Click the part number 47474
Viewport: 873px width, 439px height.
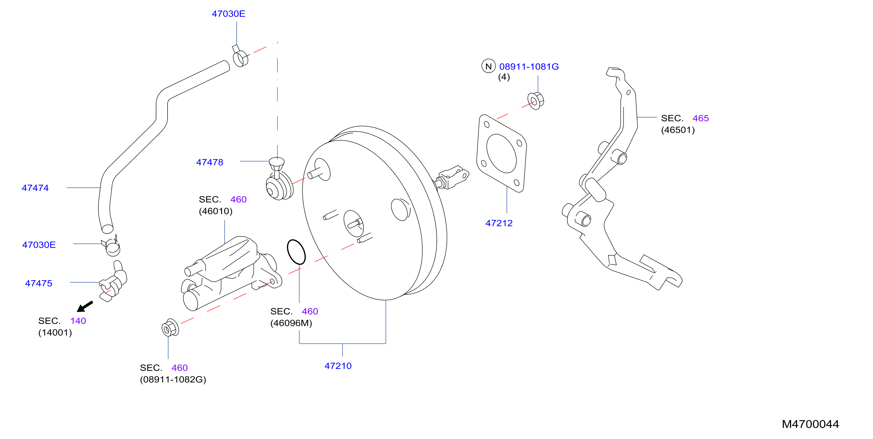point(35,188)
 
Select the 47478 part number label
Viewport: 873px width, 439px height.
point(210,162)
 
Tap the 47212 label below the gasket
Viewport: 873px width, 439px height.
point(499,223)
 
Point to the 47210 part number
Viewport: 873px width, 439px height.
point(338,366)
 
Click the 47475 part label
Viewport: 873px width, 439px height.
point(39,283)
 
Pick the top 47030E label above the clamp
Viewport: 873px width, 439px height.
point(228,14)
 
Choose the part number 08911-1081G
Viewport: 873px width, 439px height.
point(529,67)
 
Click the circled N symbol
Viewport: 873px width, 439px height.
point(488,66)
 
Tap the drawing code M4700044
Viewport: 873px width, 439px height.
point(810,424)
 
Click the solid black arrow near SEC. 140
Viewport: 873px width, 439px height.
point(85,306)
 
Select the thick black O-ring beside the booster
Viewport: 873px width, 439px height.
point(296,252)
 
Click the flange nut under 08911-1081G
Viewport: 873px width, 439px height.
point(536,100)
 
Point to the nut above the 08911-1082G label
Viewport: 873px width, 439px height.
point(170,328)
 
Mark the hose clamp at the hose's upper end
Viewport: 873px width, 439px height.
point(240,57)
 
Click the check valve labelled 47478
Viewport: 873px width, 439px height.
point(279,180)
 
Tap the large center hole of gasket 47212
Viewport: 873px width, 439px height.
point(501,153)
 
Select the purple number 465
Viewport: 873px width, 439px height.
point(700,118)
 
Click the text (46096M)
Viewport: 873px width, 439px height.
point(291,323)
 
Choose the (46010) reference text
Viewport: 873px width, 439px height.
point(215,211)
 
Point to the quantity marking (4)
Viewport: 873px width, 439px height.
point(504,77)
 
